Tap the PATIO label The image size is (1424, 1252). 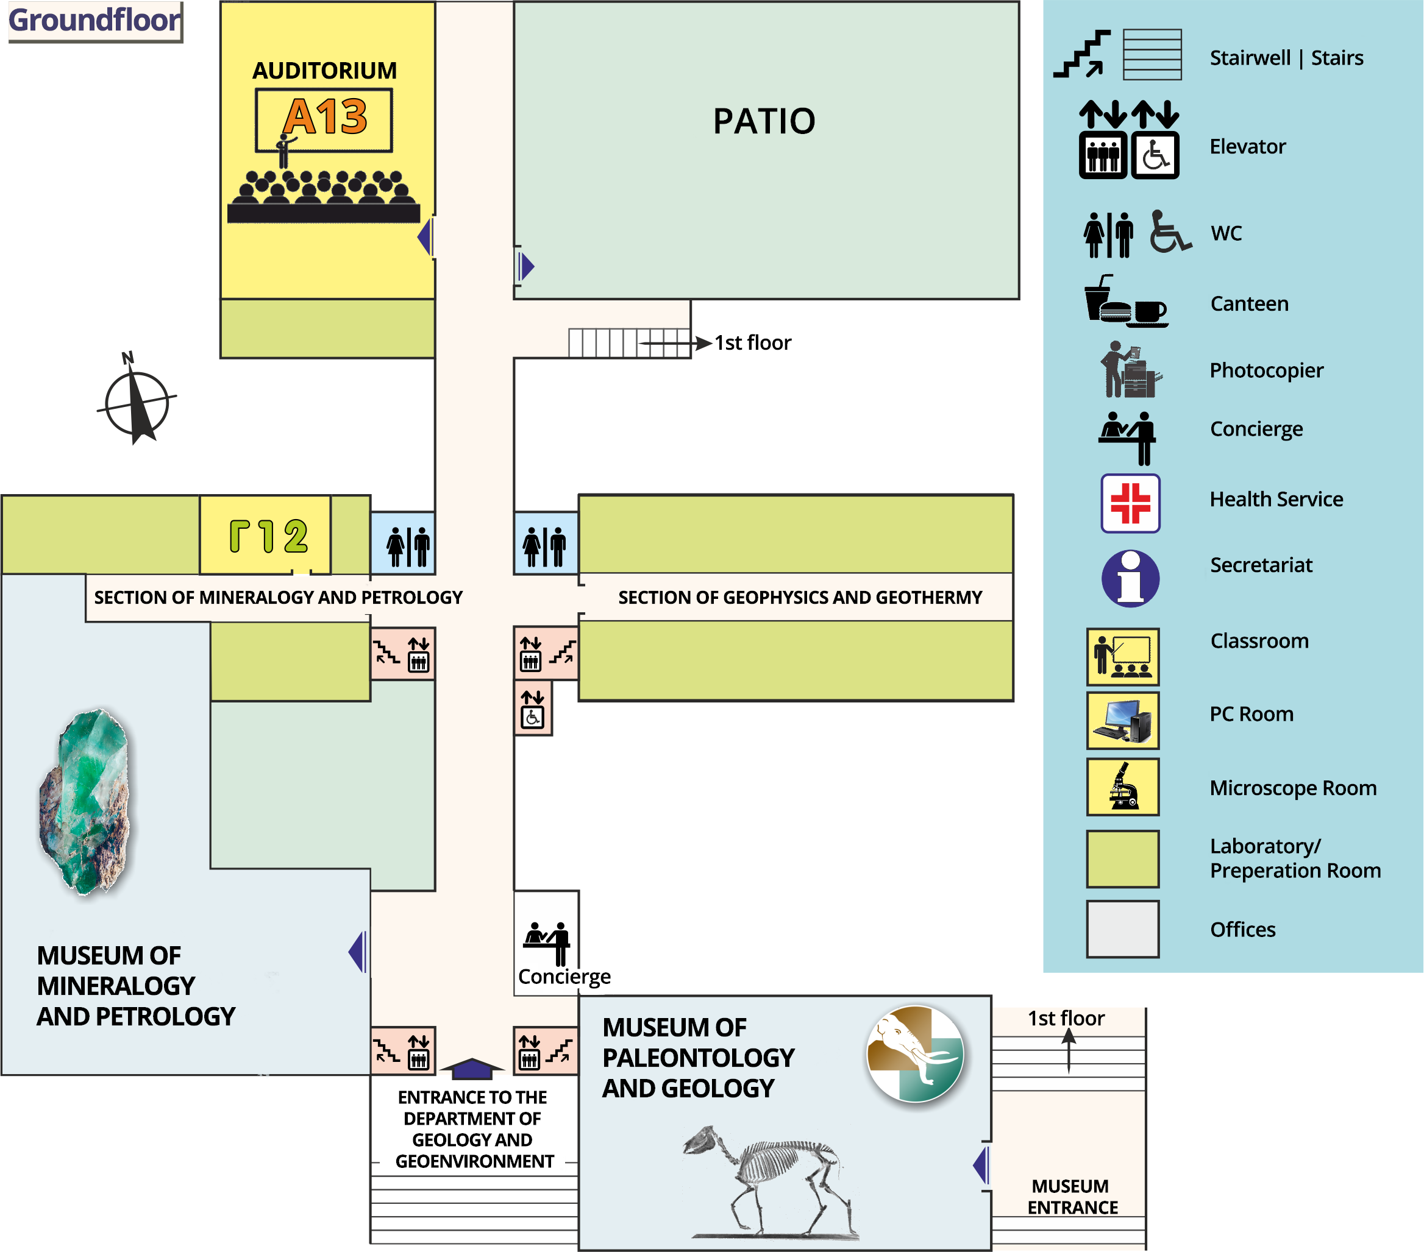[x=764, y=121]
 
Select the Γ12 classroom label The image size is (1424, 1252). [x=268, y=536]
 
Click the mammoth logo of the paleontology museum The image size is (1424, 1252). [x=916, y=1053]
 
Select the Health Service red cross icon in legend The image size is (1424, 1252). [x=1130, y=503]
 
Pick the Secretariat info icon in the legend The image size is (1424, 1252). [x=1130, y=578]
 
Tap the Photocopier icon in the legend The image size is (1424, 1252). [x=1130, y=370]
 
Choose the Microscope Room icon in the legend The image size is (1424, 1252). [x=1122, y=787]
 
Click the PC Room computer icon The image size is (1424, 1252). [x=1122, y=720]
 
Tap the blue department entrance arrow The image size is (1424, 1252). [x=472, y=1067]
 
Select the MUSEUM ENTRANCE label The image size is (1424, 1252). [x=1072, y=1197]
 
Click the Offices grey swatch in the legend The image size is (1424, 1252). [x=1122, y=929]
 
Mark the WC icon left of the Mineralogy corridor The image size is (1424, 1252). [x=408, y=546]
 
